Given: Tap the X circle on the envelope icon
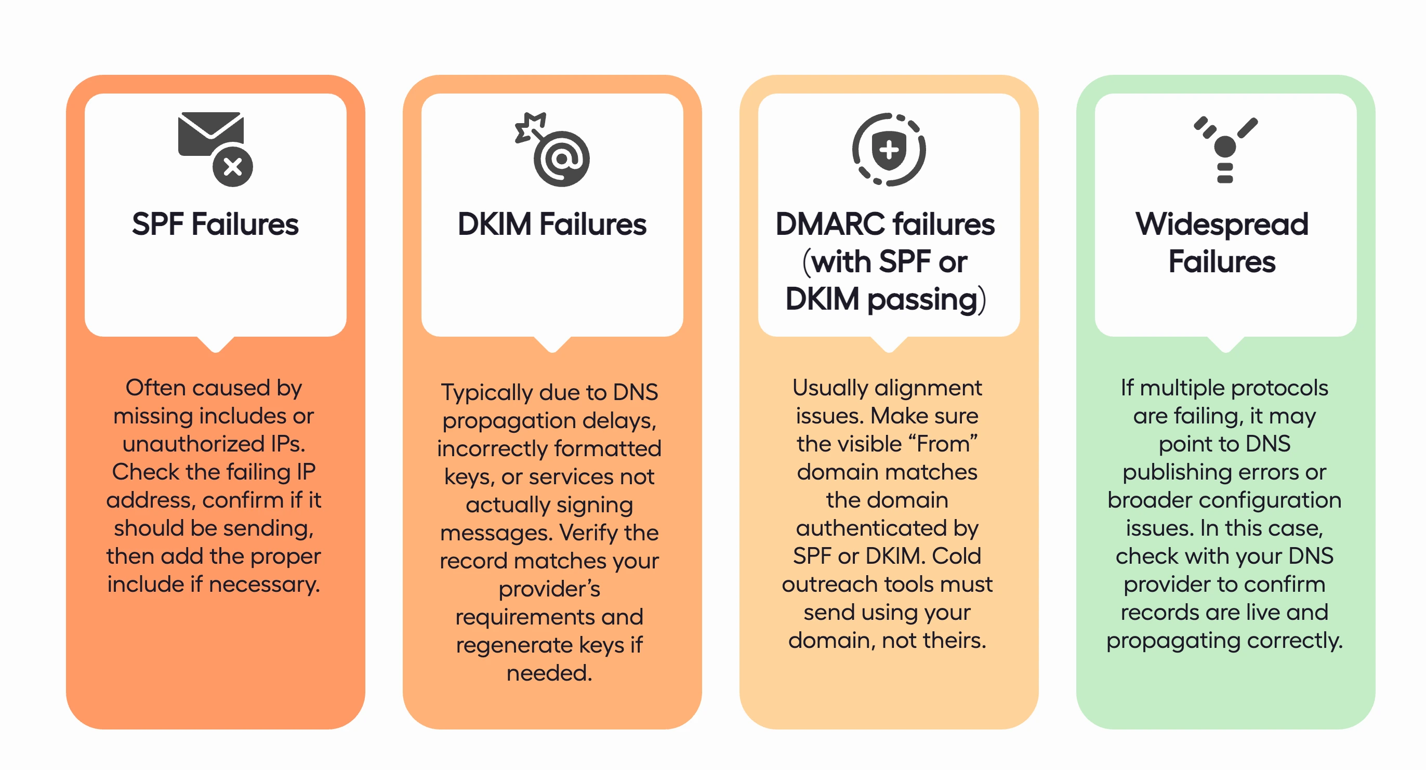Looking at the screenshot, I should (233, 167).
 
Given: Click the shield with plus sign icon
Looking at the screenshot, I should (889, 150).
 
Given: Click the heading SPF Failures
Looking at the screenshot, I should (215, 224).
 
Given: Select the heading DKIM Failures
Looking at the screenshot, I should (552, 224).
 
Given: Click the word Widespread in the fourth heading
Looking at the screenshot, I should (1222, 224).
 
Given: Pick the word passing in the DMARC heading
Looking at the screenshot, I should (922, 299).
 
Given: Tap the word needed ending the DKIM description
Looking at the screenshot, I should (549, 673).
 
